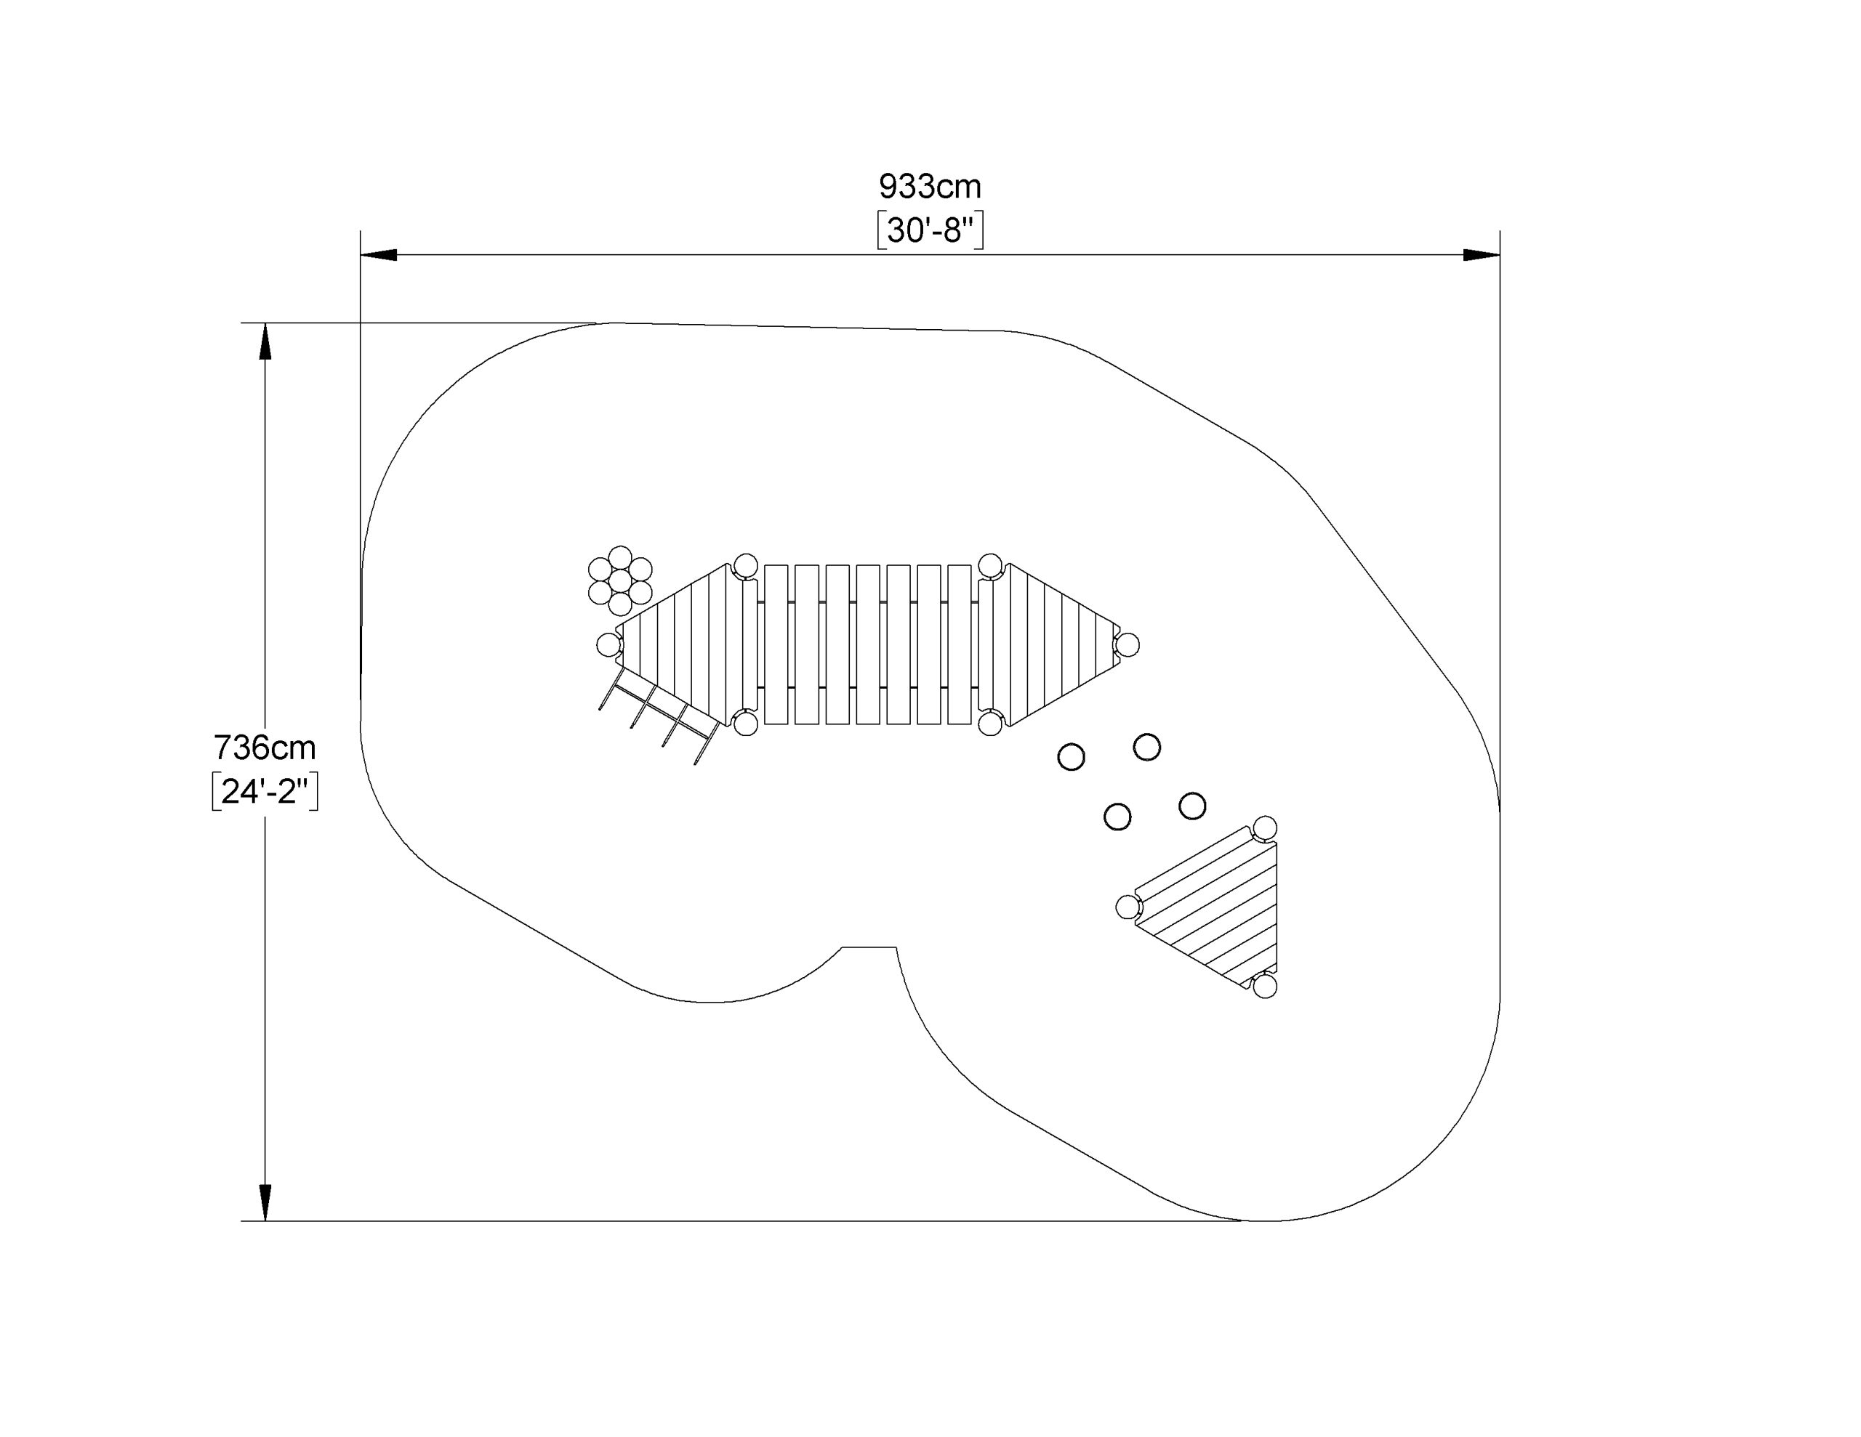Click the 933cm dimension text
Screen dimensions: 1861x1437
tap(930, 186)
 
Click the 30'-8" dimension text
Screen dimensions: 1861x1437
tap(930, 230)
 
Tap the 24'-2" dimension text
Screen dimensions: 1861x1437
tap(265, 791)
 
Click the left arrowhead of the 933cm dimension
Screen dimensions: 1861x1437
tap(378, 255)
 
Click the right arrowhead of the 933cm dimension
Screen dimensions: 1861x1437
tap(1482, 255)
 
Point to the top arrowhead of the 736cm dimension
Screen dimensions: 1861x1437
tap(265, 341)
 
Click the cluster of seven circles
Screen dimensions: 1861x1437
tap(620, 581)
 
